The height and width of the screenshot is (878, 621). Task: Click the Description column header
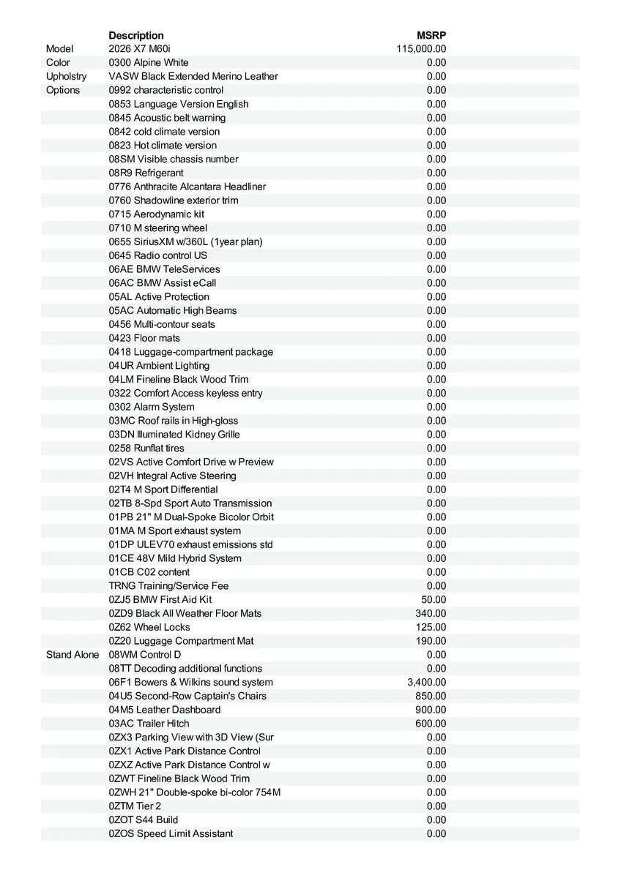136,35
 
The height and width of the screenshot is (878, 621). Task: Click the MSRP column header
431,35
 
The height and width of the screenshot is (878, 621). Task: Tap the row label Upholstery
66,76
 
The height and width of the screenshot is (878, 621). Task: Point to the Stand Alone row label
72,655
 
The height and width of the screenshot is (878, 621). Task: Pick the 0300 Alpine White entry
149,63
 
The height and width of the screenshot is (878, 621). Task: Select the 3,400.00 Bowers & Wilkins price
426,683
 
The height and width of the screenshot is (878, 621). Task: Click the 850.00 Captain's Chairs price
431,696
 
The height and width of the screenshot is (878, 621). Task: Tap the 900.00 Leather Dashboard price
431,710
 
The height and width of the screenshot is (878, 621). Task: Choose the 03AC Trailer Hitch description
149,724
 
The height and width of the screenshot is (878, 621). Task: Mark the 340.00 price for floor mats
431,613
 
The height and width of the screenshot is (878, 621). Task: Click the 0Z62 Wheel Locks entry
149,627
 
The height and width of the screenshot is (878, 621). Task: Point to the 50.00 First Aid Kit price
434,599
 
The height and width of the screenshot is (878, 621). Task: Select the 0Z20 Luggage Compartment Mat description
182,641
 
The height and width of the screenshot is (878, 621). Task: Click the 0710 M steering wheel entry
158,228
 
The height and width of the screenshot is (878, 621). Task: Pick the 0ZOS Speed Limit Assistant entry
171,833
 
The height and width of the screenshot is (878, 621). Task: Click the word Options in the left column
63,90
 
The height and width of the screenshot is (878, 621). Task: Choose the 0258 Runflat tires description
146,448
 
